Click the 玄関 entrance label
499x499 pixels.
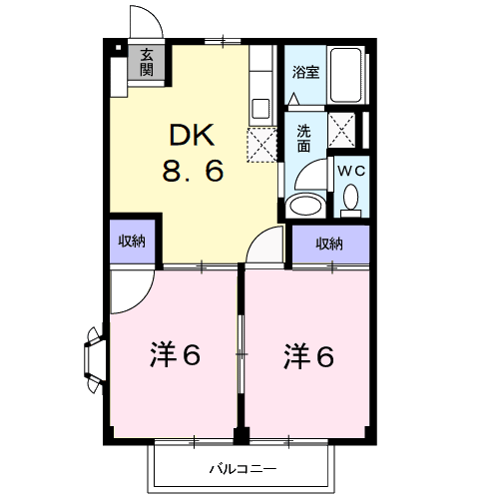[147, 62]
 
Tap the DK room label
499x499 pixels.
[192, 135]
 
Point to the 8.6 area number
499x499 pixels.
[193, 171]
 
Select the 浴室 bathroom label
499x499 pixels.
[305, 72]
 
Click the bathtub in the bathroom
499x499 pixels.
[345, 75]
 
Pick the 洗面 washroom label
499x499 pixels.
[303, 139]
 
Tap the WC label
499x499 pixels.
[351, 171]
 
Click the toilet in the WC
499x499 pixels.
[351, 201]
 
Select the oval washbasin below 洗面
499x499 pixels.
[305, 206]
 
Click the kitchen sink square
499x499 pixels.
[260, 109]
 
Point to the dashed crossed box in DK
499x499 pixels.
[262, 145]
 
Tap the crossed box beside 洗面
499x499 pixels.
[341, 130]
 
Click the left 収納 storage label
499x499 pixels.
[132, 242]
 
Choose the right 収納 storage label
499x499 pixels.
[329, 245]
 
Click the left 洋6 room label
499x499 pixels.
[175, 355]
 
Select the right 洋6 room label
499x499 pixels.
[308, 356]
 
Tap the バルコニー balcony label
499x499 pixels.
[243, 469]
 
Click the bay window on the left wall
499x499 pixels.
[94, 360]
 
